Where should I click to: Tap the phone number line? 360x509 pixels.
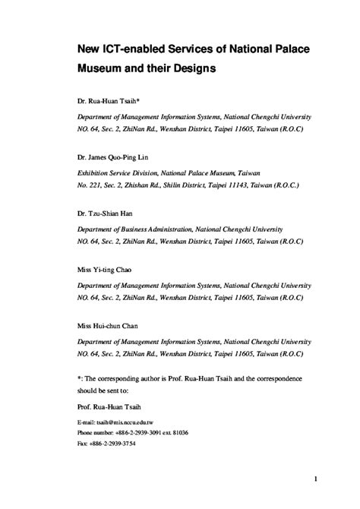[x=133, y=432]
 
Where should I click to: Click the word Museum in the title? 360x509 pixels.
[x=106, y=68]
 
